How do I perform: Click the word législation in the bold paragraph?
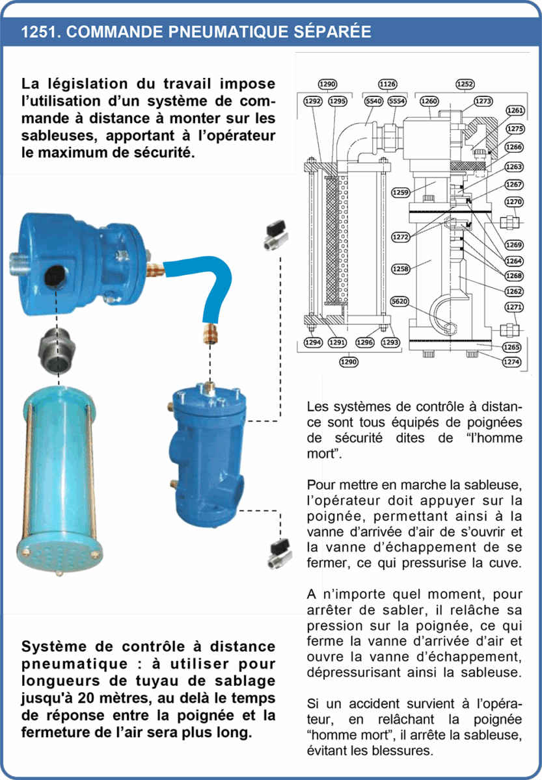coord(87,84)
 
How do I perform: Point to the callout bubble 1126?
coord(388,84)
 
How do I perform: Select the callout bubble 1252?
coord(465,84)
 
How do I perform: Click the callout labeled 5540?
coord(373,101)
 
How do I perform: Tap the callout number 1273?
coord(483,101)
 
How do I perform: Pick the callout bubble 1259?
coord(401,192)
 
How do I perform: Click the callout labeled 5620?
coord(400,301)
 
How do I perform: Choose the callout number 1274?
coord(511,362)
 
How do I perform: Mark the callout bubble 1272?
coord(401,237)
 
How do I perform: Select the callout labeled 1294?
coord(313,343)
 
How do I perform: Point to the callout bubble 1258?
coord(401,269)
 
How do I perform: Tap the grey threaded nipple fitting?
coord(57,350)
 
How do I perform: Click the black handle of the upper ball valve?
coord(276,228)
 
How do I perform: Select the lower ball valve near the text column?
coord(279,553)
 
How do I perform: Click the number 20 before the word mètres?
coord(86,698)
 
